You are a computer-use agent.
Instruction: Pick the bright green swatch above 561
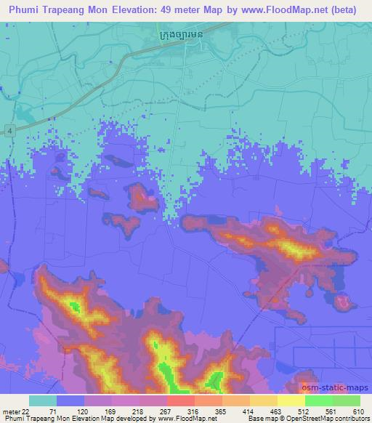pyautogui.click(x=318, y=400)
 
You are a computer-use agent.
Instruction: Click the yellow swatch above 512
pyautogui.click(x=291, y=400)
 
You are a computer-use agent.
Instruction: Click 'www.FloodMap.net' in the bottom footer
pyautogui.click(x=171, y=419)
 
